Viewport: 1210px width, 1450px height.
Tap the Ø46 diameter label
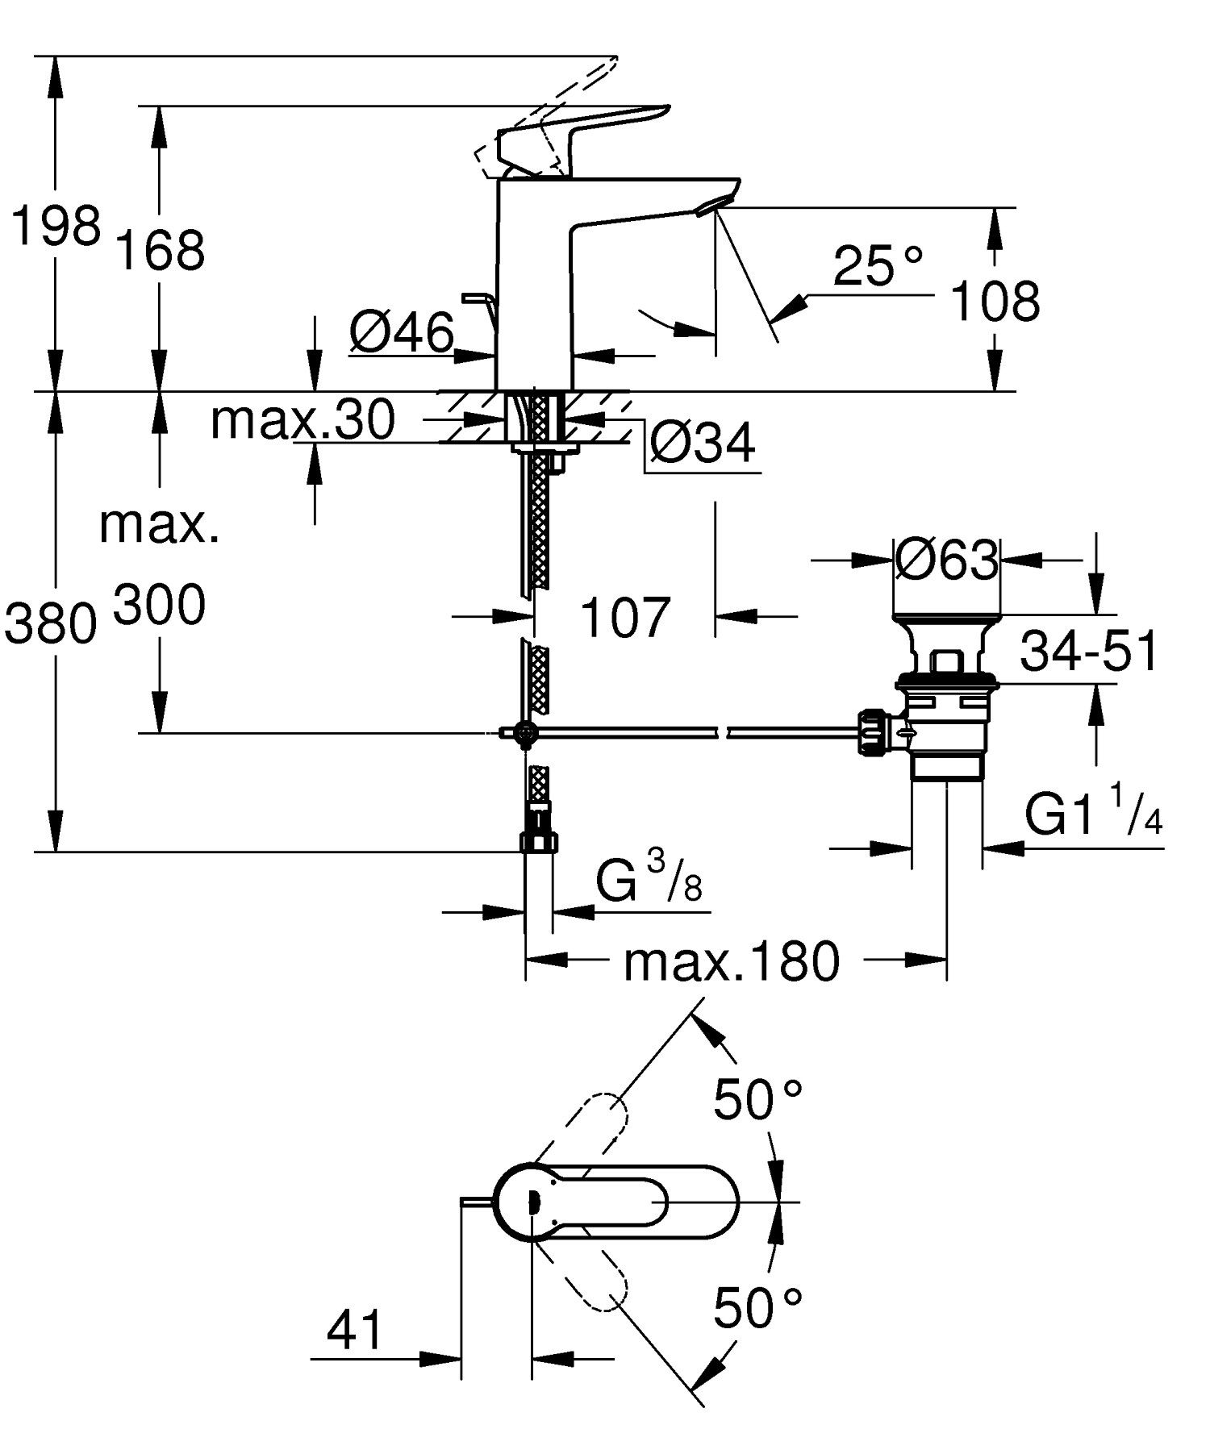click(x=402, y=331)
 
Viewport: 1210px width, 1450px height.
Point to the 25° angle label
click(x=877, y=265)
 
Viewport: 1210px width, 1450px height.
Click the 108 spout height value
click(x=995, y=302)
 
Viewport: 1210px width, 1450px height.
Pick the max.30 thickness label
click(x=302, y=419)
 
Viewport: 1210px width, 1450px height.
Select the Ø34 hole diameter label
click(x=702, y=444)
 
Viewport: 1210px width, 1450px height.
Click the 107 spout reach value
click(x=625, y=618)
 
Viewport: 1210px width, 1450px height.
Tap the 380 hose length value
click(x=50, y=624)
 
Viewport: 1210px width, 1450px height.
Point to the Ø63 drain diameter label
click(x=946, y=559)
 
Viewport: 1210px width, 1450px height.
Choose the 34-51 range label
click(x=1088, y=652)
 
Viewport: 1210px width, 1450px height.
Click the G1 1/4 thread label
click(x=1093, y=815)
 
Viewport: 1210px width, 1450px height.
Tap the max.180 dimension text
click(x=731, y=961)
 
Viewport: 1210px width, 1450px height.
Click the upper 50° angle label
click(x=757, y=1098)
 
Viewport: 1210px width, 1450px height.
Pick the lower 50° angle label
click(x=757, y=1307)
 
